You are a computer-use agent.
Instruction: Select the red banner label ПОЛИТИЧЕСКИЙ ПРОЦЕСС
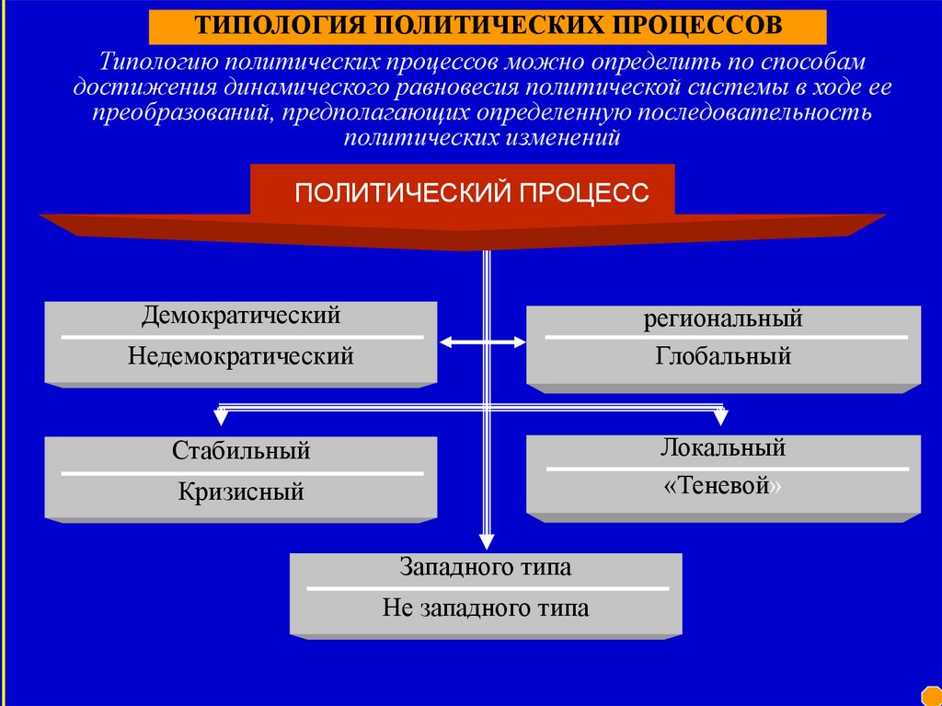(x=471, y=192)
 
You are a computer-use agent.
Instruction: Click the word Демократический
(x=241, y=316)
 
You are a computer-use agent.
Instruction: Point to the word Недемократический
(x=241, y=355)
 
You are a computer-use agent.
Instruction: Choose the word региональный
(x=723, y=319)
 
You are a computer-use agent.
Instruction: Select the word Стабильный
(x=241, y=452)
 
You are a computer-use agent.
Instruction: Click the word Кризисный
(x=241, y=492)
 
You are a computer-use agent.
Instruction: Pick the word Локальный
(x=723, y=448)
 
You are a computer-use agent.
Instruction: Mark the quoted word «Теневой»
(x=723, y=485)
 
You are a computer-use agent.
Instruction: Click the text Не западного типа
(x=486, y=608)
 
